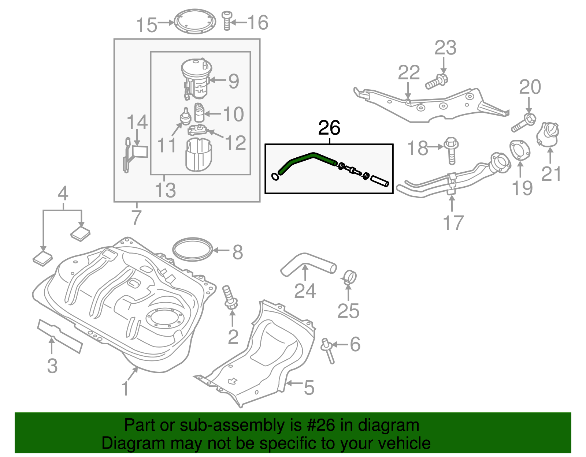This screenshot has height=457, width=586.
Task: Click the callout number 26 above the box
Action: (329, 128)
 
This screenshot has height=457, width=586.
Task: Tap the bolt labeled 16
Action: (227, 21)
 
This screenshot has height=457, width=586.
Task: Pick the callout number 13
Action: (165, 190)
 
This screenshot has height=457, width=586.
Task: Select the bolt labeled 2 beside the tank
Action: (230, 298)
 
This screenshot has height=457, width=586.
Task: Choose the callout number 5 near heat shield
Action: (309, 387)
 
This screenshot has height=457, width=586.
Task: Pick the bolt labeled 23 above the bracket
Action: (437, 82)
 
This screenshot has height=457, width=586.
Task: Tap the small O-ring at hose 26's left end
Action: (275, 177)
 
